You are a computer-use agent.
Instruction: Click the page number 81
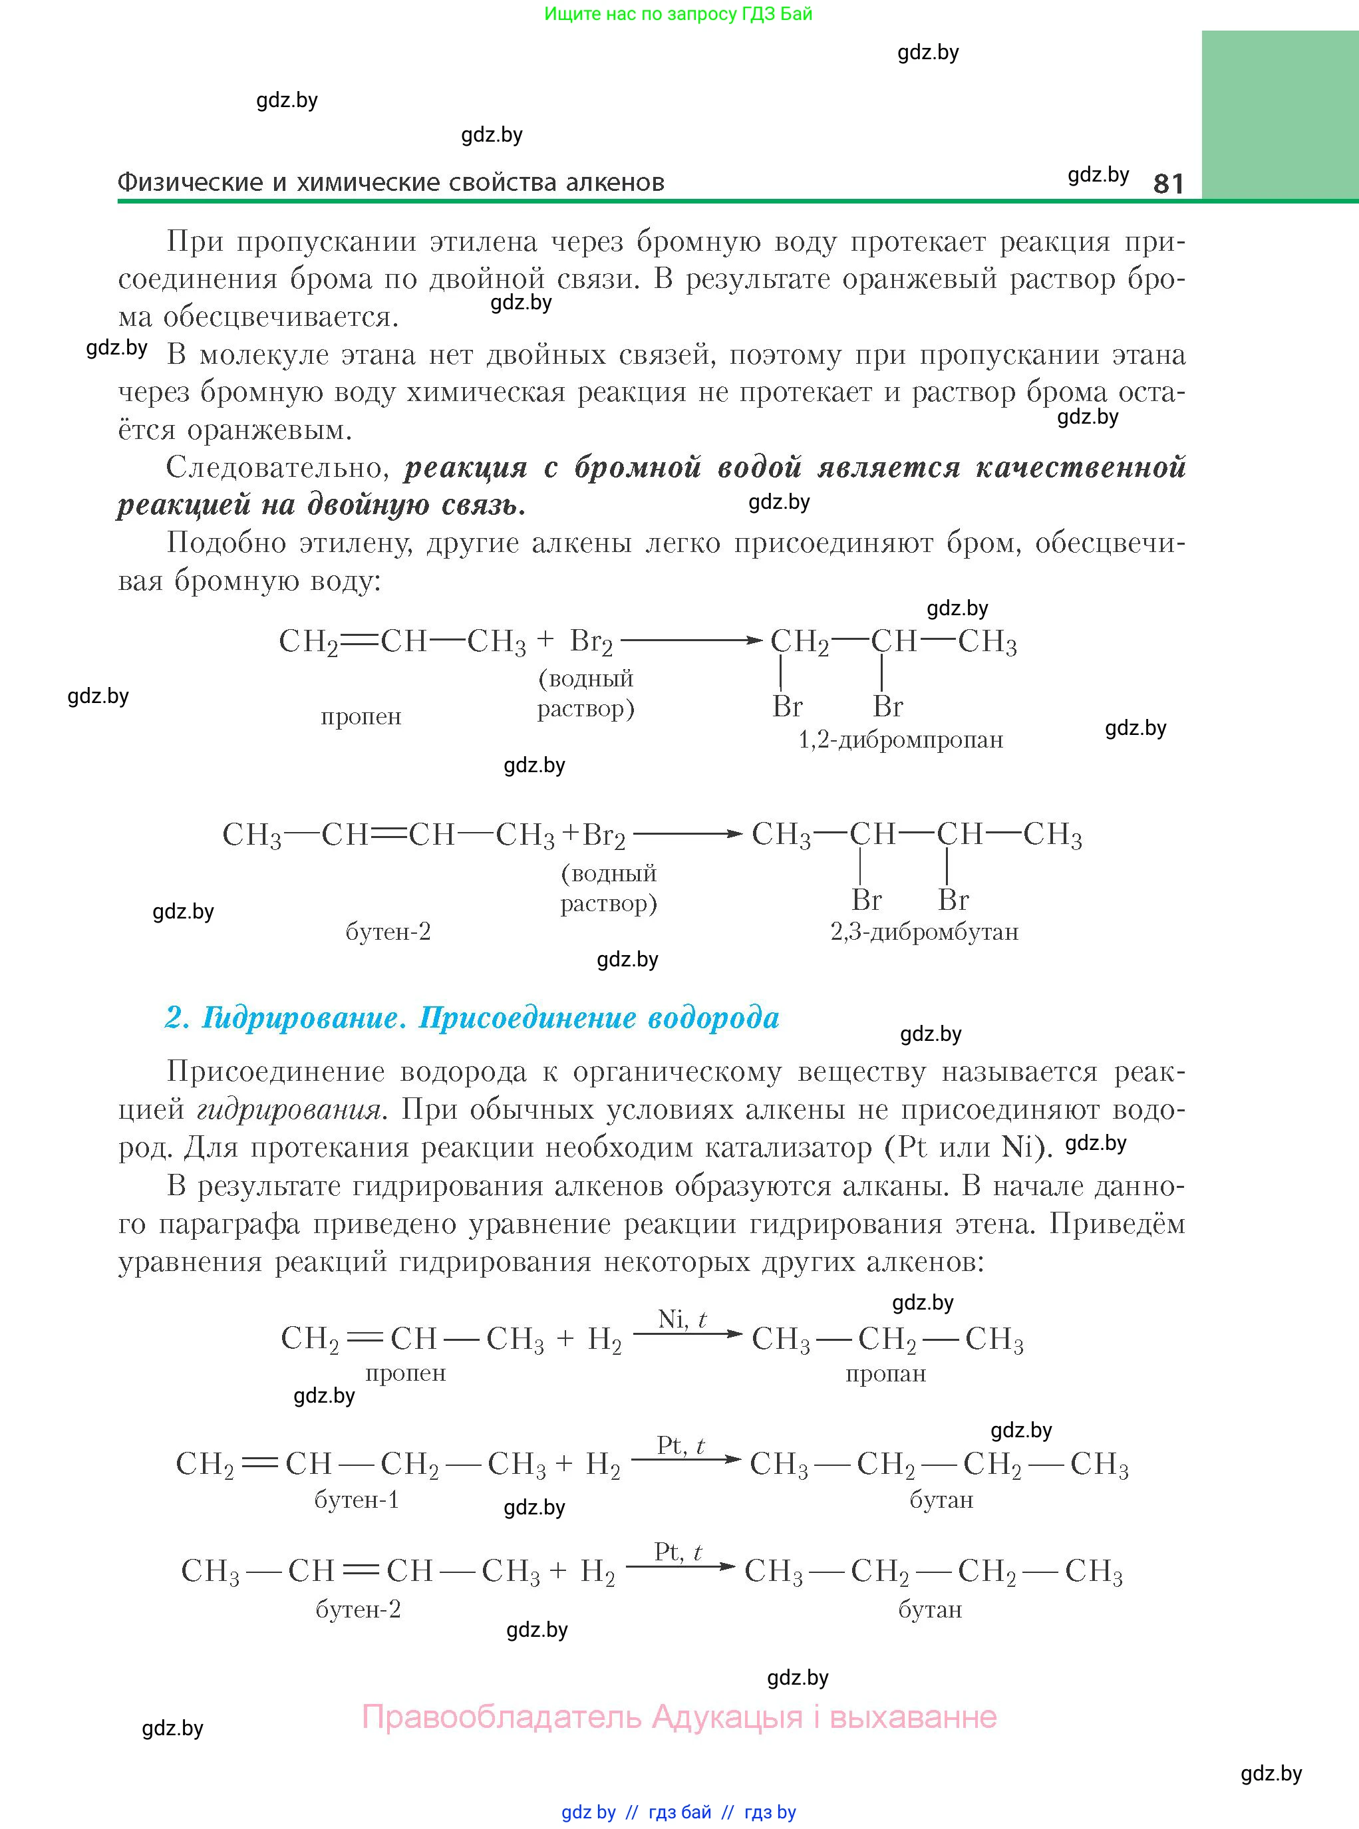(x=1168, y=183)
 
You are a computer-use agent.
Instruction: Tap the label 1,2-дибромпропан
(x=901, y=740)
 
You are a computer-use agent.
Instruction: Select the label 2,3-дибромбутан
(x=924, y=932)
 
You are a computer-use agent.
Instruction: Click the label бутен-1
(x=356, y=1499)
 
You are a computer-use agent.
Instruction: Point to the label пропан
(x=885, y=1373)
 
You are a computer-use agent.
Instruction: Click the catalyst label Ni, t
(x=682, y=1319)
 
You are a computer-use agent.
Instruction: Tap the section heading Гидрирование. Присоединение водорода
(x=472, y=1018)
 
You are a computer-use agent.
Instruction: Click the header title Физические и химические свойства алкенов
(x=390, y=183)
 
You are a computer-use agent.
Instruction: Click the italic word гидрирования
(x=289, y=1109)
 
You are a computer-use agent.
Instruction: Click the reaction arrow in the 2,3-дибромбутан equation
(x=688, y=834)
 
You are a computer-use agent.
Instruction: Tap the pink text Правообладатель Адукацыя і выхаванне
(x=679, y=1717)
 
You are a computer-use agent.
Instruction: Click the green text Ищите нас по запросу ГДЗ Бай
(x=678, y=14)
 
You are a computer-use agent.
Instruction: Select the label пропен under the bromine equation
(x=361, y=716)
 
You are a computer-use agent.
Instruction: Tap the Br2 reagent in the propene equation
(x=591, y=641)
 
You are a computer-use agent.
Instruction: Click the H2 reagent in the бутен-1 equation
(x=603, y=1465)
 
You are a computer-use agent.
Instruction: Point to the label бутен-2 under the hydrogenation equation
(x=358, y=1610)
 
